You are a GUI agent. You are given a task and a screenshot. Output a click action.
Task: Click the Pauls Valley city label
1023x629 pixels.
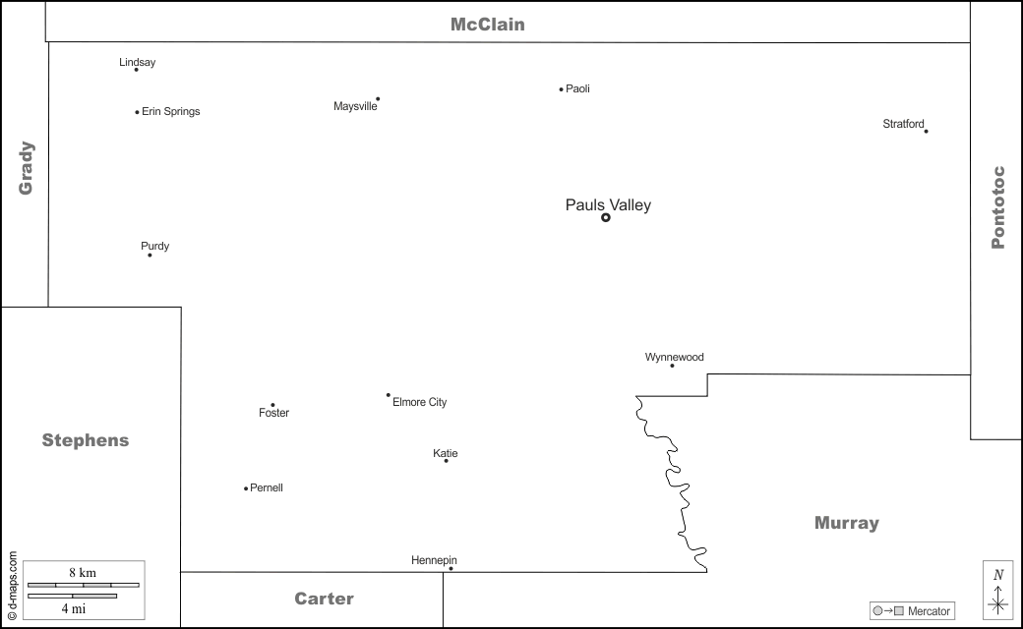[x=608, y=205]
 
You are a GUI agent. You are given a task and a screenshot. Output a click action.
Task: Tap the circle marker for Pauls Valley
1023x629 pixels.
[x=606, y=217]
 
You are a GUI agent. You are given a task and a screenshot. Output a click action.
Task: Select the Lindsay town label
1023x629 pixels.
[x=138, y=63]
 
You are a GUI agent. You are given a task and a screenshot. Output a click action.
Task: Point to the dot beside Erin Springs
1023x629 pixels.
[x=137, y=112]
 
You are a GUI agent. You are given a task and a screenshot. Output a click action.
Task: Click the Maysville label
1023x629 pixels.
[x=355, y=106]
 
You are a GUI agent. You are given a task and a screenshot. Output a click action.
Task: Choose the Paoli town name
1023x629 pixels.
[x=577, y=88]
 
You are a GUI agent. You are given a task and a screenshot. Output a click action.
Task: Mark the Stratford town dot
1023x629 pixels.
[x=926, y=131]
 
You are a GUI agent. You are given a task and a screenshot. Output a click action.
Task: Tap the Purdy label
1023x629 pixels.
[x=155, y=246]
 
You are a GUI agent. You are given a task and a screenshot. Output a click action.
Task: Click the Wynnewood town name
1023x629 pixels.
[x=675, y=357]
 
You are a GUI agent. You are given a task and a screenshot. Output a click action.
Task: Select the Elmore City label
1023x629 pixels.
[x=420, y=402]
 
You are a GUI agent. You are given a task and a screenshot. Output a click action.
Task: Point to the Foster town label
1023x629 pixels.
[x=274, y=413]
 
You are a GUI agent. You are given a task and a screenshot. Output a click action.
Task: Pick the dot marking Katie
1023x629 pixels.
[x=446, y=461]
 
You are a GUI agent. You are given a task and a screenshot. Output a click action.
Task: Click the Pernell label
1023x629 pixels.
[x=267, y=487]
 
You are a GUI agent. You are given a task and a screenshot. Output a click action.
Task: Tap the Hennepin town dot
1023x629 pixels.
[x=451, y=568]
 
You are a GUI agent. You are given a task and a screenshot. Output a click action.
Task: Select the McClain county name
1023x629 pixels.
[x=488, y=25]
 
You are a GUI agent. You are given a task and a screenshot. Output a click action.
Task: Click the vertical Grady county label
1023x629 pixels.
[x=26, y=167]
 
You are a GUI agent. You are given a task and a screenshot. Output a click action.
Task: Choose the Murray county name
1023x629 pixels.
[x=847, y=523]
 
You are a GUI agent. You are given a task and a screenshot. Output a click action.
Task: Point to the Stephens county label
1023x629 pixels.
[x=86, y=440]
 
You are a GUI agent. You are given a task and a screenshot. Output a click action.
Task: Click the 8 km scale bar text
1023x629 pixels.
[x=83, y=572]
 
